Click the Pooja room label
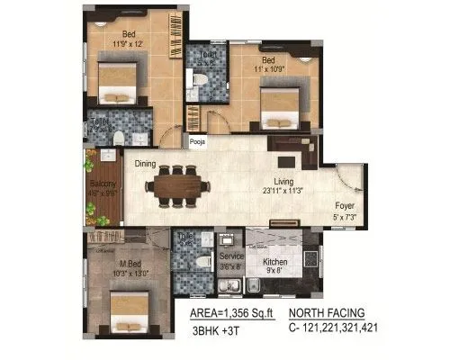point(197,141)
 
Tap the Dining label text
point(146,165)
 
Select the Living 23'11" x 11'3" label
point(284,186)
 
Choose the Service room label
point(230,261)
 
